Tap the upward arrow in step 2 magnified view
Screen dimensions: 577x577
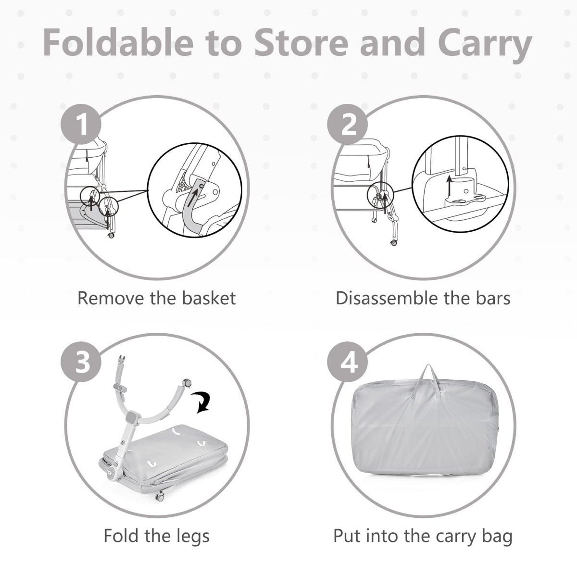[x=448, y=185]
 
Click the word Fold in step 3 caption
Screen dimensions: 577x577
[x=121, y=536]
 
